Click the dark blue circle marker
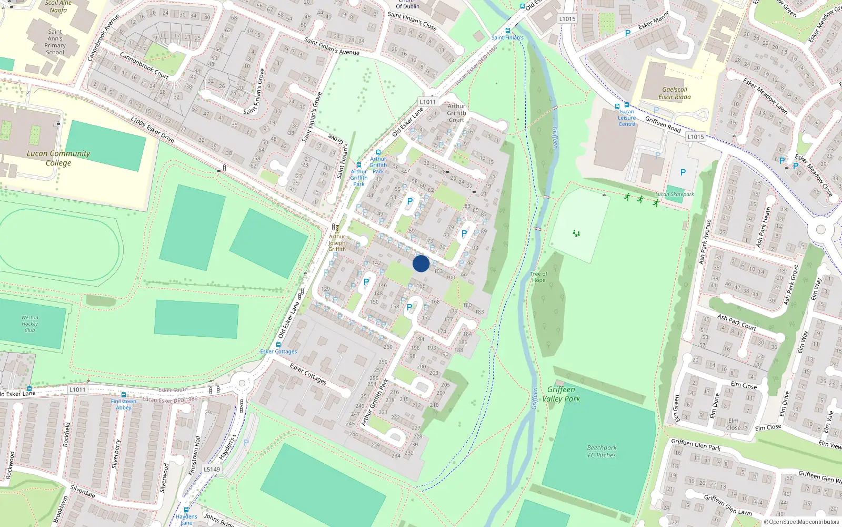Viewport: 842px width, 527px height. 421,263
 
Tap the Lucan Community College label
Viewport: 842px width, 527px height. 58,158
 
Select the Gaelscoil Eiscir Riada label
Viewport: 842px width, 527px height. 675,93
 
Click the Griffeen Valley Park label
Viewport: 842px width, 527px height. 561,394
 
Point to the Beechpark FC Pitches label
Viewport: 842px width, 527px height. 602,452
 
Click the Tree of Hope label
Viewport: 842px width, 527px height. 538,277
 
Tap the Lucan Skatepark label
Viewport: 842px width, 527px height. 675,194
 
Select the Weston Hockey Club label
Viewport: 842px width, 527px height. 30,324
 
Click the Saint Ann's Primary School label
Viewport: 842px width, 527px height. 55,42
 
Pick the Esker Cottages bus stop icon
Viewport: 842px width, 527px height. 278,345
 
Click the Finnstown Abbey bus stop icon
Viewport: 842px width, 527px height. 124,395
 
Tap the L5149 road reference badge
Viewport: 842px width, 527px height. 212,470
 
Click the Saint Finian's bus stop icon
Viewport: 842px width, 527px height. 507,31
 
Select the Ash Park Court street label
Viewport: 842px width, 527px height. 737,323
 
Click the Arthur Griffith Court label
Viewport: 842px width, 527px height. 456,113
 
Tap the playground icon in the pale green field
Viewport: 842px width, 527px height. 576,233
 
